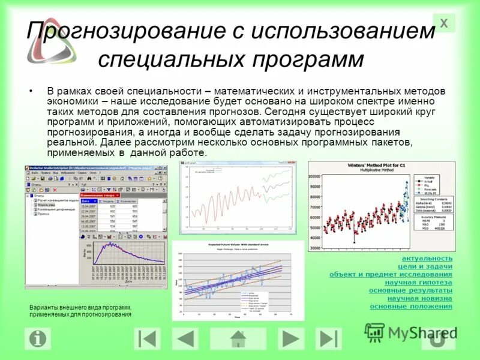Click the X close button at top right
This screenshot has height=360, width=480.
[444, 23]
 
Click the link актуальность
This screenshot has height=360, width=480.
[427, 258]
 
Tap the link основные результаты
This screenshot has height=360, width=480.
[410, 290]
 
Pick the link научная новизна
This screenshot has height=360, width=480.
[419, 298]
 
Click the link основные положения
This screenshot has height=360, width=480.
[411, 307]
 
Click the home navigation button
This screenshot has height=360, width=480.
[239, 339]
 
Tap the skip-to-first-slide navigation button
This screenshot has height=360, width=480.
[145, 339]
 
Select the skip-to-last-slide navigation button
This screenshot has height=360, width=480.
[329, 339]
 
